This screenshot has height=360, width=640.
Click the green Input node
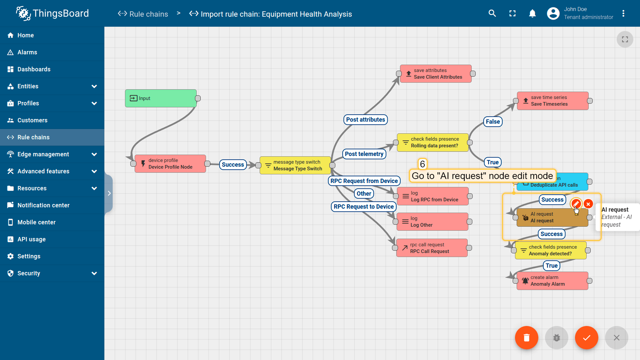point(161,98)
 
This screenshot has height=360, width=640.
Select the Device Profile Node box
point(170,164)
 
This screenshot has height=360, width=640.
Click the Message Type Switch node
point(295,165)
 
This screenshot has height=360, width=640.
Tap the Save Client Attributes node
point(436,74)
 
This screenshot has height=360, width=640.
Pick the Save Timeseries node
point(553,101)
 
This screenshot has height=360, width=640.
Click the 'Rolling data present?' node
point(433,142)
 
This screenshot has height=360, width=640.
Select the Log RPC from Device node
point(433,196)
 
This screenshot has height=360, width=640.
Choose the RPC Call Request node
point(432,248)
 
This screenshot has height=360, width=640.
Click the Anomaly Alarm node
point(552,281)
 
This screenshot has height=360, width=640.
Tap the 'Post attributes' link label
point(365,120)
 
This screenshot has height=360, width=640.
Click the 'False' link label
point(493,122)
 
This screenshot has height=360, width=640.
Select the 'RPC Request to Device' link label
point(364,207)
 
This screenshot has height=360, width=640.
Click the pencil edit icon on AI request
point(576,204)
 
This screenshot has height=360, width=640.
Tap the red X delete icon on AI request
point(588,204)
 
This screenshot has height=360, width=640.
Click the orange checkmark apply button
point(587,338)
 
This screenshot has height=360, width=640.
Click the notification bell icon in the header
point(532,13)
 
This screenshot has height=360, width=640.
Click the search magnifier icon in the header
point(492,13)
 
